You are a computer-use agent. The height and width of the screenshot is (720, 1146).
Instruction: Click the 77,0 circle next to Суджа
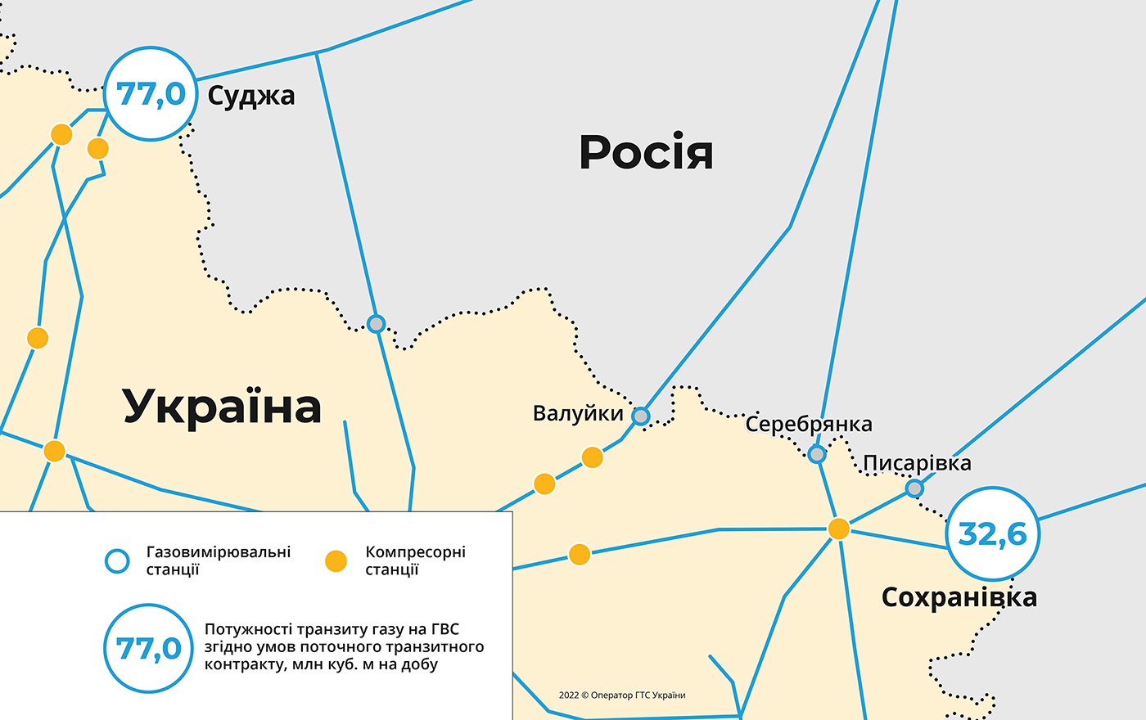tap(151, 94)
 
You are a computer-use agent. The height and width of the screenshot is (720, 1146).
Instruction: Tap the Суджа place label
tap(250, 96)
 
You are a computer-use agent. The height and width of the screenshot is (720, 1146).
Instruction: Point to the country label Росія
tap(646, 152)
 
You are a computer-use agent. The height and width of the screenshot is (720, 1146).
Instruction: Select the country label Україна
tap(222, 407)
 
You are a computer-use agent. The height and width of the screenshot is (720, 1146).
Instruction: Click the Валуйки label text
tap(578, 413)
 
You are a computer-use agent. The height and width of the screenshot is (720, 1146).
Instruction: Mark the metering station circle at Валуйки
tap(641, 416)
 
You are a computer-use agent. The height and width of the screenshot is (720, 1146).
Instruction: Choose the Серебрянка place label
tap(808, 424)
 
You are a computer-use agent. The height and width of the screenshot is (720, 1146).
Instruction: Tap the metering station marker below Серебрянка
tap(817, 453)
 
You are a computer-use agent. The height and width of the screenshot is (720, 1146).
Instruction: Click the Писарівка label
tap(917, 463)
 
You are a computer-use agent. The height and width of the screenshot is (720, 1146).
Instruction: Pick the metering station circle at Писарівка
tap(914, 488)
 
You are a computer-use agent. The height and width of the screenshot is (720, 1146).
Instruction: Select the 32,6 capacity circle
tap(992, 534)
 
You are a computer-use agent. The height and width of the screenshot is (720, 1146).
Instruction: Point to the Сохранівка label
tap(959, 597)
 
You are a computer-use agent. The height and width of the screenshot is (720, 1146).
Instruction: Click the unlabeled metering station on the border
tap(376, 323)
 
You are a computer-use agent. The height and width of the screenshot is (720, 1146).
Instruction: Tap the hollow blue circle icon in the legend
tap(118, 561)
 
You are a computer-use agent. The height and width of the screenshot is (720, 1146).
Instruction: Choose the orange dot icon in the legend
tap(336, 561)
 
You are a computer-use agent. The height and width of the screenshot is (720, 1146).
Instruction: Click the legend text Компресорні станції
tap(415, 560)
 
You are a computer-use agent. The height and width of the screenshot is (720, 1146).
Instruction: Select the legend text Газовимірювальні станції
tap(218, 560)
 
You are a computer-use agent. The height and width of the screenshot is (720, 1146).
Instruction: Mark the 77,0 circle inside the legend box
tap(148, 649)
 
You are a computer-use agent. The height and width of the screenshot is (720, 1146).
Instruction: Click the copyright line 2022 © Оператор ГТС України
tap(622, 695)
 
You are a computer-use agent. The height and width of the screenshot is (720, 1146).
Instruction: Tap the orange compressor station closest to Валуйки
tap(593, 457)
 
